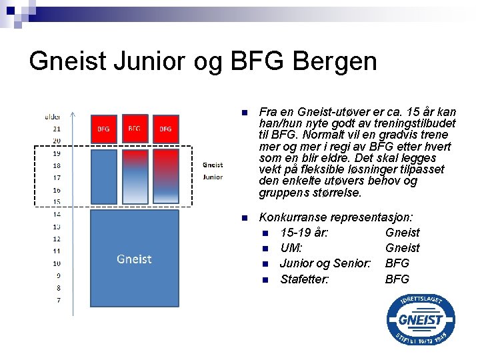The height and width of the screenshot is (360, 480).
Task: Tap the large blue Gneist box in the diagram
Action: click(x=134, y=258)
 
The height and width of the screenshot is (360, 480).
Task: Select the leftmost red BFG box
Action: click(x=103, y=129)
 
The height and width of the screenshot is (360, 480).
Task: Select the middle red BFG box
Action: click(x=134, y=128)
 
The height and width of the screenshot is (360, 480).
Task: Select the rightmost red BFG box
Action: click(x=165, y=129)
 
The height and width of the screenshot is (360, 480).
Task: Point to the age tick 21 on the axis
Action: click(x=57, y=129)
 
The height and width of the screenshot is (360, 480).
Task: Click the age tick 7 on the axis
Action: click(x=58, y=301)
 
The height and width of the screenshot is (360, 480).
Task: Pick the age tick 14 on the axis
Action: click(x=57, y=215)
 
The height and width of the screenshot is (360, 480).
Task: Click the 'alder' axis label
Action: click(x=53, y=117)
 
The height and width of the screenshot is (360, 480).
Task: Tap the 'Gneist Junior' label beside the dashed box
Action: click(x=212, y=171)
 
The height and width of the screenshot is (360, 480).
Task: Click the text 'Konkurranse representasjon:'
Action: click(x=335, y=217)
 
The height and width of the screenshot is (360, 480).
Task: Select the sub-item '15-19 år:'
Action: click(x=303, y=233)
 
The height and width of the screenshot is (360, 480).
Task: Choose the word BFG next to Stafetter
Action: click(x=397, y=279)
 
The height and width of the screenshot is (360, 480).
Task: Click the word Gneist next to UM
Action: click(x=402, y=248)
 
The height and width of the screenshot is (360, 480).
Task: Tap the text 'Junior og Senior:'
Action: click(x=325, y=263)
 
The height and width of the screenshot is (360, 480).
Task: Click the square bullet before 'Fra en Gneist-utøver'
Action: click(x=245, y=112)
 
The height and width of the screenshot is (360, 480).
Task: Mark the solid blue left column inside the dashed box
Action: click(x=103, y=176)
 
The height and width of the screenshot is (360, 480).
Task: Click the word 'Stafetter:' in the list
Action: click(x=305, y=279)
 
